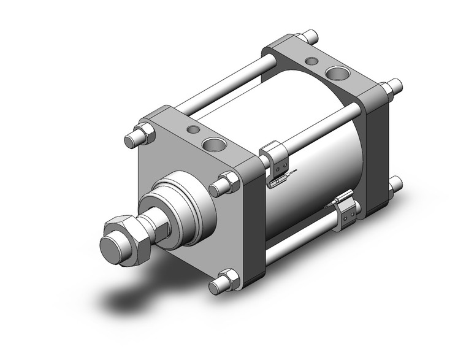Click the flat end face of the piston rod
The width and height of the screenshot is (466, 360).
[112, 247]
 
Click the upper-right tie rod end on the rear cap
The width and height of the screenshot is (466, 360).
[394, 88]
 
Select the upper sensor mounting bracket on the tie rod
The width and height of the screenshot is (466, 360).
[276, 156]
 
